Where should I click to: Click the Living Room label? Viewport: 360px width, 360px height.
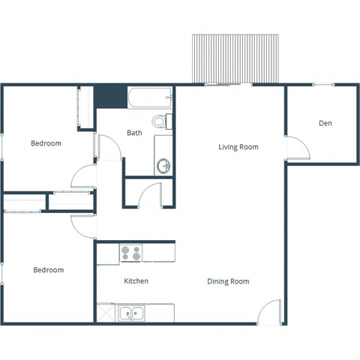point(238,147)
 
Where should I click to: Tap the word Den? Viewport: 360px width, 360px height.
point(325,123)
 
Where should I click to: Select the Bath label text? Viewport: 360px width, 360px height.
point(134,133)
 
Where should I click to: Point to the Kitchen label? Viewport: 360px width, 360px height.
point(136,281)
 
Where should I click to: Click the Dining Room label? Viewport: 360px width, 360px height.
point(228,281)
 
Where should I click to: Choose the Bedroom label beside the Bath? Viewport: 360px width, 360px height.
point(46,143)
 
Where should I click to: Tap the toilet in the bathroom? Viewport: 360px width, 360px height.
point(160,121)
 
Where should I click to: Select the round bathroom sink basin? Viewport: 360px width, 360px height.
point(163,165)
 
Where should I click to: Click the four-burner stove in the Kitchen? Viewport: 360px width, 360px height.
point(131,253)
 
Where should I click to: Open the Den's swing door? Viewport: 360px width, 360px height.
point(297,148)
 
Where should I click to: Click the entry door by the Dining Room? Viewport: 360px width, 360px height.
point(270,312)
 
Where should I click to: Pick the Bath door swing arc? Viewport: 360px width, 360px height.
point(109,148)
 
